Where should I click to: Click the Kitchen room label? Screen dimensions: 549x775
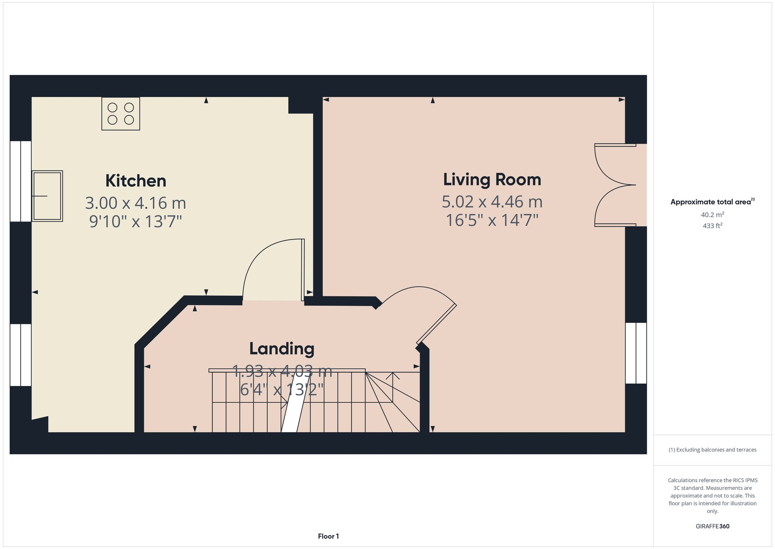click(136, 181)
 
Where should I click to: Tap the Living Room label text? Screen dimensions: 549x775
click(492, 180)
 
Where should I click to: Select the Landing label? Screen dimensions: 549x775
click(282, 348)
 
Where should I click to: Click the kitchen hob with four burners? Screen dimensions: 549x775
click(121, 113)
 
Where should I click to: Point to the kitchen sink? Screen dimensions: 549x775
click(47, 196)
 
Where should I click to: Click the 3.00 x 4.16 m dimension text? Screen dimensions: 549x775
click(136, 203)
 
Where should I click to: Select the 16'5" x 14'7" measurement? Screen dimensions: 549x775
click(492, 220)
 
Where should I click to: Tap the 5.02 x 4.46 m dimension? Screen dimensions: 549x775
click(492, 202)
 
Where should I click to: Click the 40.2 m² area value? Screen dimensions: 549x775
click(712, 215)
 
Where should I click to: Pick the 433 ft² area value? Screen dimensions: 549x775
click(712, 225)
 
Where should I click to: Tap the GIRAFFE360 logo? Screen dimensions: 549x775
click(712, 526)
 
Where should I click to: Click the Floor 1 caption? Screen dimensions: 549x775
click(328, 536)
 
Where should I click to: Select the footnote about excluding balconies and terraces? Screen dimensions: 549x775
click(712, 450)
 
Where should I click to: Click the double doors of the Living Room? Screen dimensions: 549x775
click(615, 185)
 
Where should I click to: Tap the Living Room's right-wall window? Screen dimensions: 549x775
click(636, 353)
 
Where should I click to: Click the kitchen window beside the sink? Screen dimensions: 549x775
click(20, 181)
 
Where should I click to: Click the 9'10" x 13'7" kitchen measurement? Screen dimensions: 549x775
click(136, 222)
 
